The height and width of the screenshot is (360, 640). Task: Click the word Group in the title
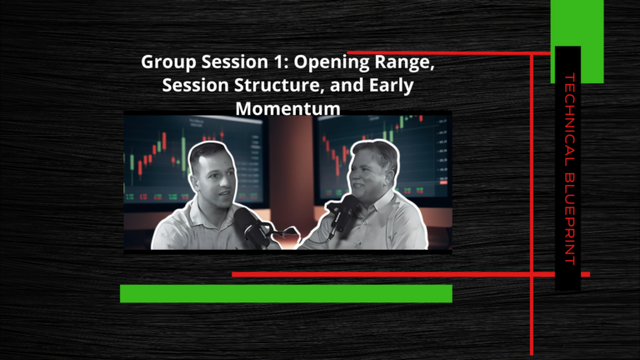168,62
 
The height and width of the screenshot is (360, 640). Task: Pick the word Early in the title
391,86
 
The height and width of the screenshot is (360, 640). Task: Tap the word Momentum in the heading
287,108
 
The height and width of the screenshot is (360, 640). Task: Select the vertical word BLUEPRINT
569,219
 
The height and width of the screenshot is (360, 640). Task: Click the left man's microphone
251,226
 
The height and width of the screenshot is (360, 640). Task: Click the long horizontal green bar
286,293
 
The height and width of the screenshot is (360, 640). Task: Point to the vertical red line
532,203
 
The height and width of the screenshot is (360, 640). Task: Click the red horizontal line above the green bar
411,274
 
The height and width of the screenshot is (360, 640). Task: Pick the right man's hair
377,150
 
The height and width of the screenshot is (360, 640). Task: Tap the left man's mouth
222,192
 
